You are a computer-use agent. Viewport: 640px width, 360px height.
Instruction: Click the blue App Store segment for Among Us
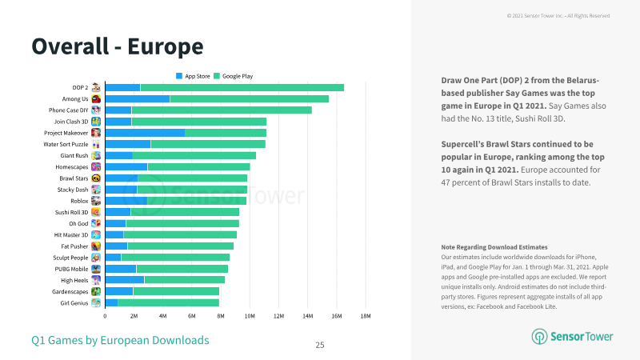pyautogui.click(x=138, y=98)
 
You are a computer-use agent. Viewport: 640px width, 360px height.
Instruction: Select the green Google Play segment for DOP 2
pyautogui.click(x=242, y=87)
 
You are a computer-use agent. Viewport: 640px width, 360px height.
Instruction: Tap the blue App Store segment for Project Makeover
pyautogui.click(x=145, y=133)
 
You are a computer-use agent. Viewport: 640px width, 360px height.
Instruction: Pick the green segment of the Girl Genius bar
pyautogui.click(x=169, y=303)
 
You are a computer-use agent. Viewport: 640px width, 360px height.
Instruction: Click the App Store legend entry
pyautogui.click(x=193, y=76)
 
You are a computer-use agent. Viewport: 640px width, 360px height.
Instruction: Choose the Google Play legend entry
pyautogui.click(x=234, y=76)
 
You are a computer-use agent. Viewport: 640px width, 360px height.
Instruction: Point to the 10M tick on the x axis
pyautogui.click(x=250, y=316)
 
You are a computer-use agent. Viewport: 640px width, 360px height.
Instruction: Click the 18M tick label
pyautogui.click(x=366, y=316)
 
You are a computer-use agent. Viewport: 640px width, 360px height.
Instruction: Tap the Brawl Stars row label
pyautogui.click(x=74, y=178)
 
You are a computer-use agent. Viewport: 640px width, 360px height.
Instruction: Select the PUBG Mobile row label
pyautogui.click(x=71, y=269)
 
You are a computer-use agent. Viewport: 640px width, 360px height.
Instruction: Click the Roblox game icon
pyautogui.click(x=96, y=201)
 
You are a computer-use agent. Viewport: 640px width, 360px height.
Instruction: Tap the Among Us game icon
pyautogui.click(x=96, y=98)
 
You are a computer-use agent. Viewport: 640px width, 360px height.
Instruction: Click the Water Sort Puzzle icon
pyautogui.click(x=96, y=144)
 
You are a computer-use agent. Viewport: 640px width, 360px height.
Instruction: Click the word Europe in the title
pyautogui.click(x=166, y=46)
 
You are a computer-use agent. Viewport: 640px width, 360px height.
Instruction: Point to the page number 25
pyautogui.click(x=320, y=346)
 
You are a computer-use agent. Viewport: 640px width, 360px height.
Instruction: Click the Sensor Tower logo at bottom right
pyautogui.click(x=572, y=336)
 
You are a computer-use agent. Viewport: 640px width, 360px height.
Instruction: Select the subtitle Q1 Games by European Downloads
pyautogui.click(x=120, y=340)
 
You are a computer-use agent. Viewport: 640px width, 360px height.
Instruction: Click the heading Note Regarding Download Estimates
pyautogui.click(x=494, y=247)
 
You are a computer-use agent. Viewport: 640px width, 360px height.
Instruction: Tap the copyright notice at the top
pyautogui.click(x=558, y=16)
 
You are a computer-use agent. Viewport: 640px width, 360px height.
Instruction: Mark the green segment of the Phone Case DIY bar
pyautogui.click(x=222, y=110)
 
